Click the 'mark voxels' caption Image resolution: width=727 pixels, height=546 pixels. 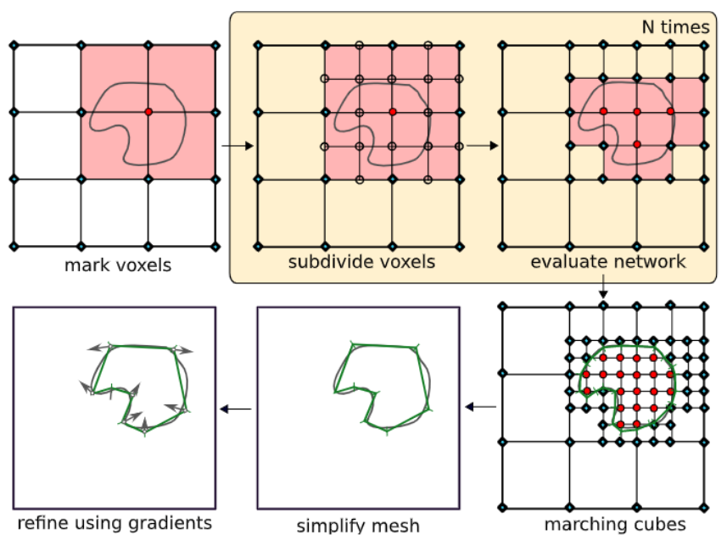pos(117,265)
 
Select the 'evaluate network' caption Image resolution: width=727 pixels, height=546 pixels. pos(607,262)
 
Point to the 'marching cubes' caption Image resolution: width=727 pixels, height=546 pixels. pos(603,525)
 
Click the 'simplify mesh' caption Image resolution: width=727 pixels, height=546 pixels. pos(358,526)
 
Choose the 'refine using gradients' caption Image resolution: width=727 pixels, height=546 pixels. pos(114,521)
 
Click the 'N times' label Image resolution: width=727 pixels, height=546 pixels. pos(675,28)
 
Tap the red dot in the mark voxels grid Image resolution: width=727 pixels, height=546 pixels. pos(148,112)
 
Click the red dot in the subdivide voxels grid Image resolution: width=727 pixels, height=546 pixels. pos(393,112)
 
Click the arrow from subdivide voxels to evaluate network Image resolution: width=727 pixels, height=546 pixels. pos(481,146)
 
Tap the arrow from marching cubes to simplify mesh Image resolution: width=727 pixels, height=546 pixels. pos(482,408)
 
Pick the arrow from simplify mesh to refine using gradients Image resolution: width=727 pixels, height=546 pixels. pos(237,409)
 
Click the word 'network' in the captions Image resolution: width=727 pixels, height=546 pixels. pos(650,262)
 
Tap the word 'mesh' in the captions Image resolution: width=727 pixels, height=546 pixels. pos(399,526)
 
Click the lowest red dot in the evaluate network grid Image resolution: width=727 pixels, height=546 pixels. pos(636,145)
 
